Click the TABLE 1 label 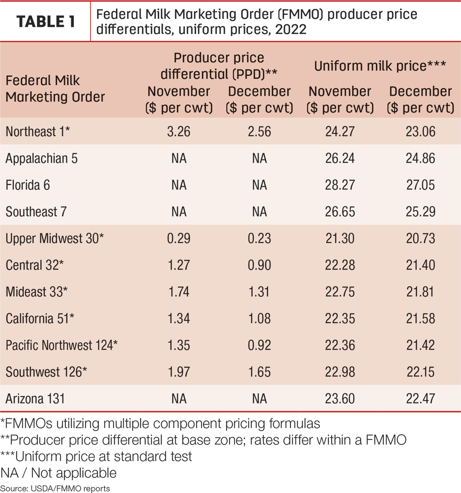[x=46, y=22]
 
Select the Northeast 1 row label [x=38, y=131]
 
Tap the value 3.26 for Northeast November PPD [x=179, y=131]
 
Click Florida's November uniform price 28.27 [x=340, y=185]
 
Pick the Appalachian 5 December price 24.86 [x=420, y=158]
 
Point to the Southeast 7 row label [x=36, y=212]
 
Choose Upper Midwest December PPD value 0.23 [x=259, y=238]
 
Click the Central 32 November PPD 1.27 [x=179, y=265]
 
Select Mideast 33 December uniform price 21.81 [x=420, y=291]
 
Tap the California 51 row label [x=40, y=318]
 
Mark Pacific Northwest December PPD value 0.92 [x=259, y=345]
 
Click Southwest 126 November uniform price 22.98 [x=340, y=372]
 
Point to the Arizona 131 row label [x=35, y=399]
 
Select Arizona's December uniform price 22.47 [x=420, y=398]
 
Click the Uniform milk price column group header [x=380, y=66]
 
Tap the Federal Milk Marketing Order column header [x=55, y=88]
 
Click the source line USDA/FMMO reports [x=55, y=488]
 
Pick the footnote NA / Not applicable [x=58, y=473]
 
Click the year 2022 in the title [x=291, y=29]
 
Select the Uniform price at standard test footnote [x=96, y=456]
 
